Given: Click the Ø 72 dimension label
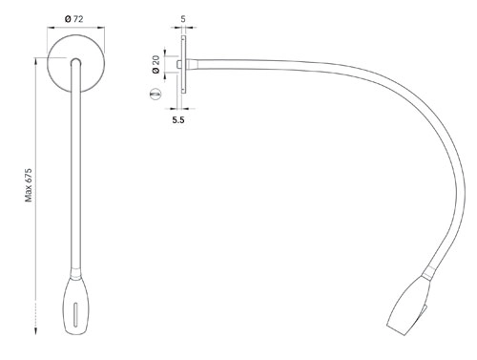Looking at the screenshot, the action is click(x=73, y=19).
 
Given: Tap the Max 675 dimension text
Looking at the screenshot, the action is click(x=29, y=185).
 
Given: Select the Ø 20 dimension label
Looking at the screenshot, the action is click(x=156, y=64).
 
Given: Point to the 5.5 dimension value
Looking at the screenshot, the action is click(x=178, y=120).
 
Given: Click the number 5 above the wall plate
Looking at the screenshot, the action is click(x=183, y=19).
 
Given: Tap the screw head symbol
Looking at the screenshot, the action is click(x=156, y=95).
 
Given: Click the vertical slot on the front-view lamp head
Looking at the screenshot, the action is click(x=75, y=314).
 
